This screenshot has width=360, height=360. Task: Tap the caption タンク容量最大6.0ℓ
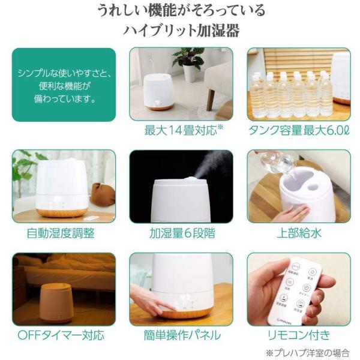[298, 130]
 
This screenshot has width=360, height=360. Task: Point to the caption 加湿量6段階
[181, 233]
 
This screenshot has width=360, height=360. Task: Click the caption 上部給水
[298, 233]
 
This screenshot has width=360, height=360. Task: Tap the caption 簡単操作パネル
[181, 335]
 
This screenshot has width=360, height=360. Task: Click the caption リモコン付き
[298, 335]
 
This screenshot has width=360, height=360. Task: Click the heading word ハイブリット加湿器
[181, 31]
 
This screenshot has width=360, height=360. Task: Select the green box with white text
[64, 84]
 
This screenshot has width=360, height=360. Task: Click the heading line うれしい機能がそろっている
[181, 11]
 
